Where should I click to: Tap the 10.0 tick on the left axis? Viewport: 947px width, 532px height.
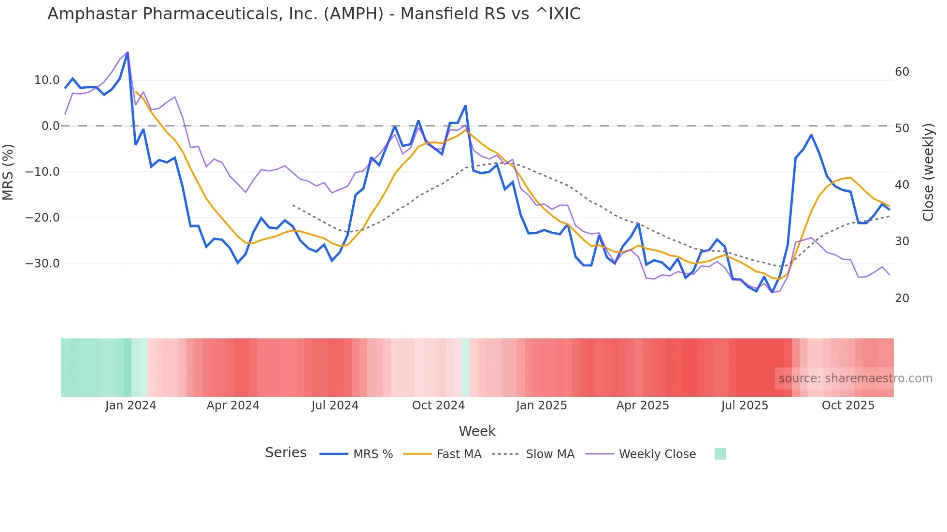pos(47,80)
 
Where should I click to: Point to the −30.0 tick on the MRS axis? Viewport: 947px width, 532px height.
pos(43,264)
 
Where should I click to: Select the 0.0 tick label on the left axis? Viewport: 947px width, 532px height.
pos(50,126)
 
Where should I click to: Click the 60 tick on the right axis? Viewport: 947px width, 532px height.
pos(902,72)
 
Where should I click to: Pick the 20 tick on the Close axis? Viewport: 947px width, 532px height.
pos(902,298)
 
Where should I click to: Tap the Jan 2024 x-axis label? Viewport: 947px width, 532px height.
pos(130,406)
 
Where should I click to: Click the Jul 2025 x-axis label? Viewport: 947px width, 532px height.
pos(745,406)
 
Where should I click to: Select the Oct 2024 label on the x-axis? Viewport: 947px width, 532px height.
pos(438,406)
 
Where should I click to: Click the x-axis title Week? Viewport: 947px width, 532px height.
pos(477,431)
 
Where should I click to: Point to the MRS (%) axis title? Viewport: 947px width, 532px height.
pos(8,172)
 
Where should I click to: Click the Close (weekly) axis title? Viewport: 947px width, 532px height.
pos(928,172)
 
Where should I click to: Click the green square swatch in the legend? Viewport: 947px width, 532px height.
pos(720,454)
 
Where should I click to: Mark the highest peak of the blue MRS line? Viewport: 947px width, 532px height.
pos(128,53)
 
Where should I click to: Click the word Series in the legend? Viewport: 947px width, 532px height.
pos(286,453)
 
